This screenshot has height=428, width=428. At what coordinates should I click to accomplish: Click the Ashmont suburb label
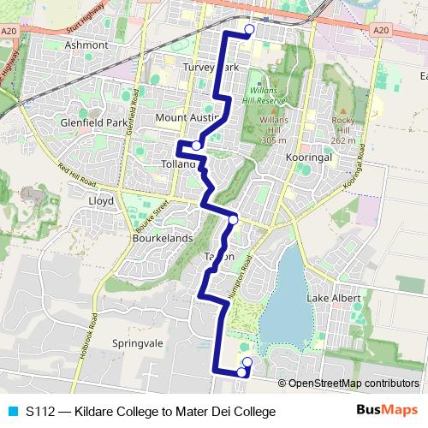(x=86, y=45)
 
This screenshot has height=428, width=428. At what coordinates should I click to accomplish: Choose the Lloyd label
(x=101, y=201)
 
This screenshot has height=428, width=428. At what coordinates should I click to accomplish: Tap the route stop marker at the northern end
(x=249, y=30)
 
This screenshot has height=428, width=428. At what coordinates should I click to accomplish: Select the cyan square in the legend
(x=12, y=412)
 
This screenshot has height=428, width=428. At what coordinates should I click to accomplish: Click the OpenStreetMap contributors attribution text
(x=353, y=383)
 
